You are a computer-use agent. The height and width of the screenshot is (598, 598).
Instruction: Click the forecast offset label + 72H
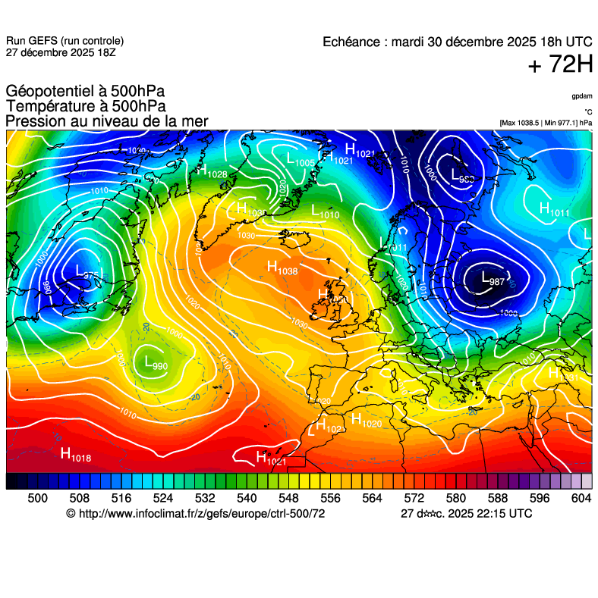[x=560, y=66]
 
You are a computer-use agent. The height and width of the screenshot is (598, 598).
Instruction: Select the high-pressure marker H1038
[x=282, y=267]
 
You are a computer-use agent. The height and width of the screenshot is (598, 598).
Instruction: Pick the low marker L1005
[x=301, y=160]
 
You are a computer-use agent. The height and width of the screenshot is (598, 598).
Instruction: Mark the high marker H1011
[x=553, y=209]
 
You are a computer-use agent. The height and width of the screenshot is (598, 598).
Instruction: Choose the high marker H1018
[x=76, y=455]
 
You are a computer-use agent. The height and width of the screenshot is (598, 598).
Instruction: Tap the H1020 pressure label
[x=366, y=421]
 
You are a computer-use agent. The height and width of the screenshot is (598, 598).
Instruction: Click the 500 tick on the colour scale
[x=37, y=497]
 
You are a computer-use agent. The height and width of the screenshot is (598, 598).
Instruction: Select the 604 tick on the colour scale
[x=581, y=497]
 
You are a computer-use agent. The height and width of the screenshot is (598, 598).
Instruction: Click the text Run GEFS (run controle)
[x=65, y=41]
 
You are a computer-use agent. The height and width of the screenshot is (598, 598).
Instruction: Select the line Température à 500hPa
[x=86, y=107]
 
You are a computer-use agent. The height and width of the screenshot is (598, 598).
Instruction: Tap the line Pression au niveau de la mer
[x=107, y=121]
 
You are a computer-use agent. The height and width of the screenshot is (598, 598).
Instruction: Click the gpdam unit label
[x=581, y=96]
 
